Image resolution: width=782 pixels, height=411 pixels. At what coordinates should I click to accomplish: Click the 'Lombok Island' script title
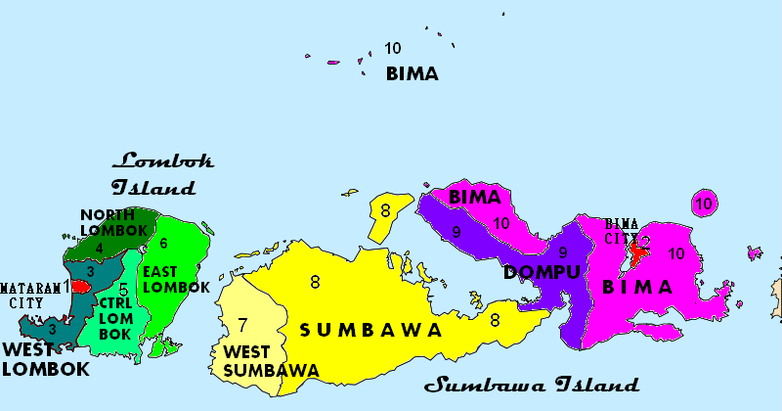click(161, 173)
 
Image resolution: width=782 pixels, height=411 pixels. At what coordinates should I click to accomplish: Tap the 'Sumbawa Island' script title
click(532, 385)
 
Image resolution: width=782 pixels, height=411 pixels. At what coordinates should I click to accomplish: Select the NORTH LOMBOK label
click(113, 222)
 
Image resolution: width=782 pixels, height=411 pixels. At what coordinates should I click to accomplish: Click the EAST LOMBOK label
click(176, 279)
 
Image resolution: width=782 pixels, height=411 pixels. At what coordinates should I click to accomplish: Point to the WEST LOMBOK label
click(45, 359)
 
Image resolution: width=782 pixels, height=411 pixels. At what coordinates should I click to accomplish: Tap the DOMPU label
click(543, 272)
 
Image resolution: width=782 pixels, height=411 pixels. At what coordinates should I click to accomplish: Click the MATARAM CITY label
click(28, 295)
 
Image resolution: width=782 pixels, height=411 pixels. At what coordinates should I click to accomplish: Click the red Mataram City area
click(80, 287)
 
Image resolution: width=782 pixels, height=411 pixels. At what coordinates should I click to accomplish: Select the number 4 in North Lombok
click(99, 249)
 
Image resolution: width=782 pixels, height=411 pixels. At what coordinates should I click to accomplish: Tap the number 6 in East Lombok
click(163, 243)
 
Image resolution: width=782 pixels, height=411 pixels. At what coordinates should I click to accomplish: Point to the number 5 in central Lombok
click(123, 290)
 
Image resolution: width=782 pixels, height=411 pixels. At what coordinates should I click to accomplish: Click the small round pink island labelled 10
click(704, 204)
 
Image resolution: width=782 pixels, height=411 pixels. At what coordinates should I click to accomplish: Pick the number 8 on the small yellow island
click(385, 209)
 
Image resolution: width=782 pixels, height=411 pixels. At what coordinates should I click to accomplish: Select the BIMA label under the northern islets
click(412, 73)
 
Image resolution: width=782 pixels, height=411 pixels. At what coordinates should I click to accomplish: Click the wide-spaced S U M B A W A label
click(371, 330)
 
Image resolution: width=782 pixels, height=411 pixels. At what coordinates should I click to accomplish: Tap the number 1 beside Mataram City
click(66, 287)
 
